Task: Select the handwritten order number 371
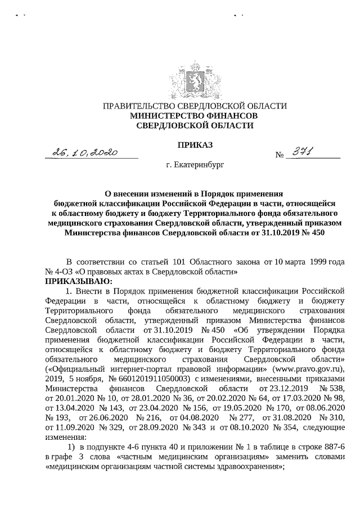click(303, 151)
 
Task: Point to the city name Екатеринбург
click(196, 167)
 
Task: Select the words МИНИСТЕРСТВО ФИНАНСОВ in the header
click(193, 116)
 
